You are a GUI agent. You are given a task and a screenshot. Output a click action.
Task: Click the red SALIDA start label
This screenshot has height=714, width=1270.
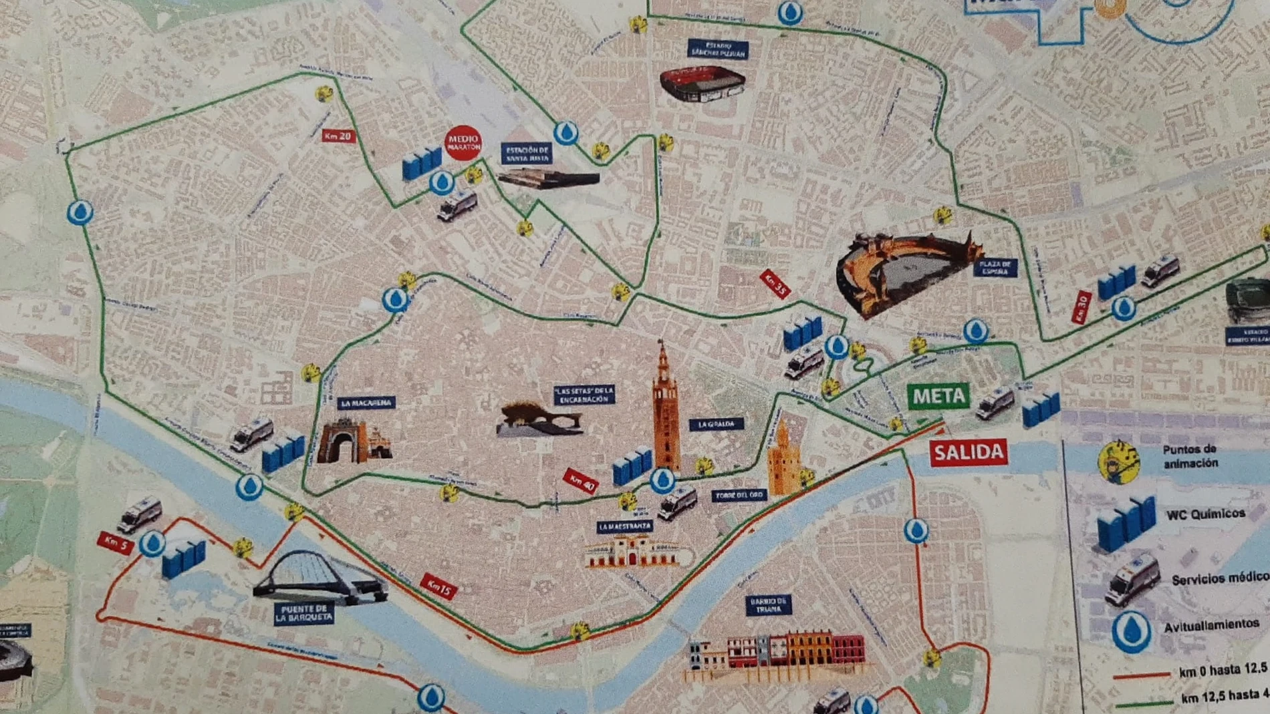(968, 453)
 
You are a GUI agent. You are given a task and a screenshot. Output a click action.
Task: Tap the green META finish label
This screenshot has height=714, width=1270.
(938, 396)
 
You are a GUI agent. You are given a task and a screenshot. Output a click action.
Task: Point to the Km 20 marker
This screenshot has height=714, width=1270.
(338, 136)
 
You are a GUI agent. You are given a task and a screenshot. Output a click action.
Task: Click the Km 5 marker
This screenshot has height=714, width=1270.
(115, 542)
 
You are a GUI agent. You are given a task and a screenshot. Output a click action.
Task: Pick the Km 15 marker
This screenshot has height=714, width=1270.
(439, 587)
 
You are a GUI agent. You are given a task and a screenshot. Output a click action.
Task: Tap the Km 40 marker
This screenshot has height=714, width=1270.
(580, 480)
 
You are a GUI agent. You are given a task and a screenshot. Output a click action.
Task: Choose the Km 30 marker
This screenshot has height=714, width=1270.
(1081, 308)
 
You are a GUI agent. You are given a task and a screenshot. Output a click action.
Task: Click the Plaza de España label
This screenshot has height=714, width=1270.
(995, 268)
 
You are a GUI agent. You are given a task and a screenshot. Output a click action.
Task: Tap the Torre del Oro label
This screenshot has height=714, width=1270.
(739, 496)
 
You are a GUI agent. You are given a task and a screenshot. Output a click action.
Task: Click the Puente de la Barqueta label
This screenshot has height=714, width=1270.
(303, 613)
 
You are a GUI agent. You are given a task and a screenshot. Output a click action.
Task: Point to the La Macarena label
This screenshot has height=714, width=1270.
(366, 403)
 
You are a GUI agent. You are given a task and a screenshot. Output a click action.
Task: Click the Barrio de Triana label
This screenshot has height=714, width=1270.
(768, 605)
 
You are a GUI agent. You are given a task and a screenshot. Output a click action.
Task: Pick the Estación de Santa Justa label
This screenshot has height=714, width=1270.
(527, 154)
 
